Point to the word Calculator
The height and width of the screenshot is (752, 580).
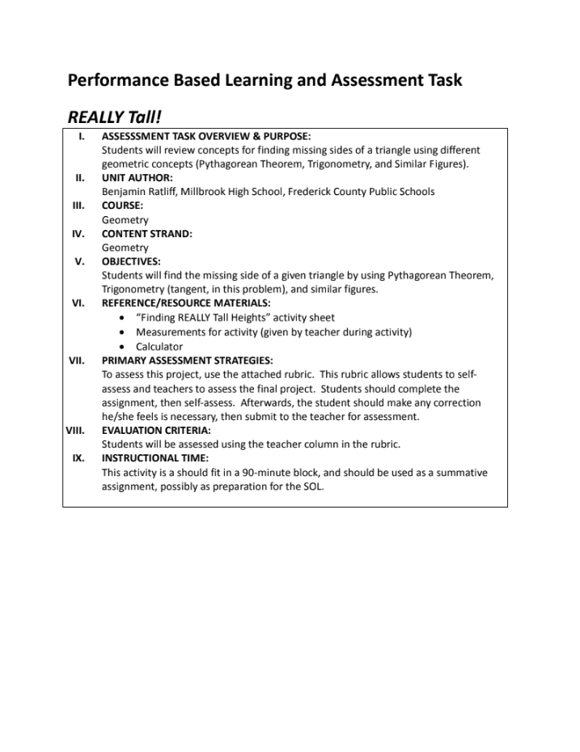(159, 346)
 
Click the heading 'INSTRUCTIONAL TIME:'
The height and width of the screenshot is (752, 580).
(155, 458)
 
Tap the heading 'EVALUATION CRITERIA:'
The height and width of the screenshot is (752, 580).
(155, 431)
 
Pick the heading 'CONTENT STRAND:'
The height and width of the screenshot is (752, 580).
(146, 234)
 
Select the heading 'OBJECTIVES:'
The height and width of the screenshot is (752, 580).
(131, 261)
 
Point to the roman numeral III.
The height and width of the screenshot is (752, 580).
(78, 206)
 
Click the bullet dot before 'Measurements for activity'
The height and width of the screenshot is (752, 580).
(121, 333)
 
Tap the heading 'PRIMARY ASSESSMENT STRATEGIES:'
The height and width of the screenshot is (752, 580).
(187, 360)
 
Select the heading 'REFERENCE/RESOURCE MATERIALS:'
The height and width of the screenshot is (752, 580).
(186, 304)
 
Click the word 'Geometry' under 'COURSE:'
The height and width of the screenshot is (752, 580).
(125, 220)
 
